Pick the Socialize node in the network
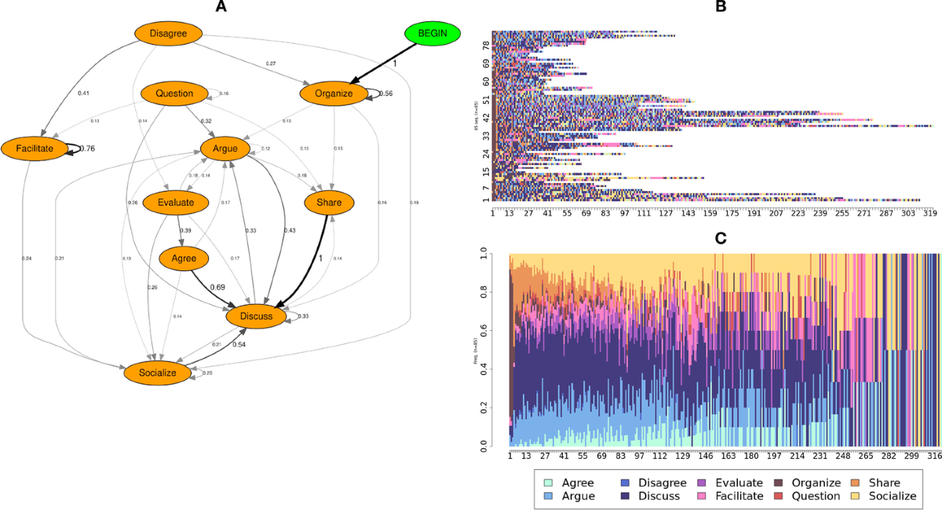(x=157, y=372)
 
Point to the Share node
(x=330, y=202)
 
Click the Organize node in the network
(x=334, y=94)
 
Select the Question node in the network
(x=174, y=94)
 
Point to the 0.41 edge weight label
(x=84, y=94)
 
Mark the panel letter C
(x=720, y=233)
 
